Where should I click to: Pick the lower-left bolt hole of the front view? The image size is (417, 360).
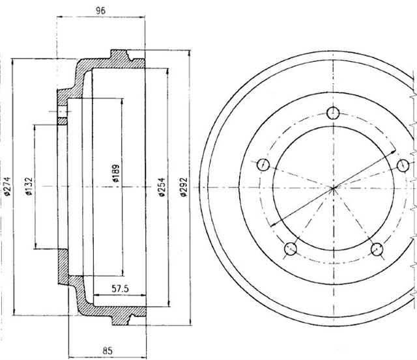[291, 247]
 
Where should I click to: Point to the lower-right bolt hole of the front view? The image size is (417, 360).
[377, 247]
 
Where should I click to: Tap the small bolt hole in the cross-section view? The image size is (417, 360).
[62, 116]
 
